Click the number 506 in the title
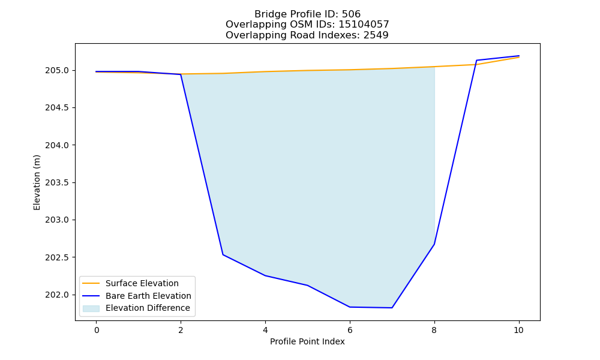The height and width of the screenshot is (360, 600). pyautogui.click(x=351, y=14)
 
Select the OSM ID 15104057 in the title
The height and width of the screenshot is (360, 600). pyautogui.click(x=364, y=25)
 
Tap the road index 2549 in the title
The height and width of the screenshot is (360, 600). pyautogui.click(x=376, y=35)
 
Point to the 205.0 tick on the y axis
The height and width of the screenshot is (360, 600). pyautogui.click(x=57, y=71)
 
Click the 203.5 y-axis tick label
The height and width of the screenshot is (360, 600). pyautogui.click(x=57, y=183)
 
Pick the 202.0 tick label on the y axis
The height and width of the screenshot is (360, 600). pyautogui.click(x=57, y=295)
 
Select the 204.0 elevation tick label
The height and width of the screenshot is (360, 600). pyautogui.click(x=57, y=145)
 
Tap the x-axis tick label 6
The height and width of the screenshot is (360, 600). pyautogui.click(x=350, y=330)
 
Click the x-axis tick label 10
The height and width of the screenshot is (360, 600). pyautogui.click(x=518, y=330)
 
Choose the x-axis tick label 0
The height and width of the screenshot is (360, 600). pyautogui.click(x=97, y=330)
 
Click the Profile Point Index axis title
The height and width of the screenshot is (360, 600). pyautogui.click(x=307, y=341)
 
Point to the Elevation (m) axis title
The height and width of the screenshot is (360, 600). pyautogui.click(x=37, y=182)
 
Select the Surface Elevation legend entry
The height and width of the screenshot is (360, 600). pyautogui.click(x=142, y=283)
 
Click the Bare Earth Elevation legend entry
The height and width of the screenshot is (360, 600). pyautogui.click(x=148, y=296)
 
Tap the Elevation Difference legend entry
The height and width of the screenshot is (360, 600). pyautogui.click(x=148, y=308)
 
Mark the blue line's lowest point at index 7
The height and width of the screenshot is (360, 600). pyautogui.click(x=392, y=308)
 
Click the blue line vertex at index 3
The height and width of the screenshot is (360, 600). pyautogui.click(x=223, y=255)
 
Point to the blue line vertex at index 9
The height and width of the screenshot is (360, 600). pyautogui.click(x=476, y=61)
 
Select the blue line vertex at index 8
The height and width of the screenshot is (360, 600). pyautogui.click(x=434, y=244)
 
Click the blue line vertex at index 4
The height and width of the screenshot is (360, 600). pyautogui.click(x=265, y=275)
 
